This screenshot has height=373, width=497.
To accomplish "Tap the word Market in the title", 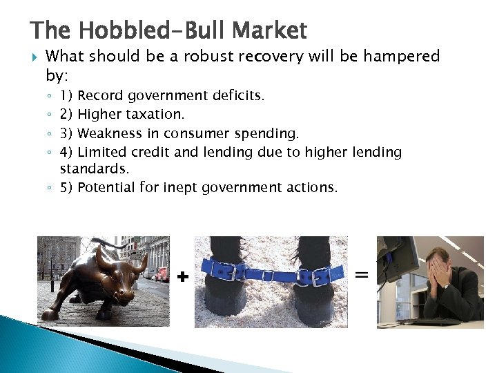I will click(x=269, y=31).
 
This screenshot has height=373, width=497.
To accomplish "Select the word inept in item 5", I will click(x=179, y=187).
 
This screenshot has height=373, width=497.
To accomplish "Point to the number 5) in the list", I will click(x=68, y=187).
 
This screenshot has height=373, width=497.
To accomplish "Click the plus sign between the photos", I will click(x=182, y=277).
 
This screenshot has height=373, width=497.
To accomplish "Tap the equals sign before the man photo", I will click(x=362, y=274).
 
